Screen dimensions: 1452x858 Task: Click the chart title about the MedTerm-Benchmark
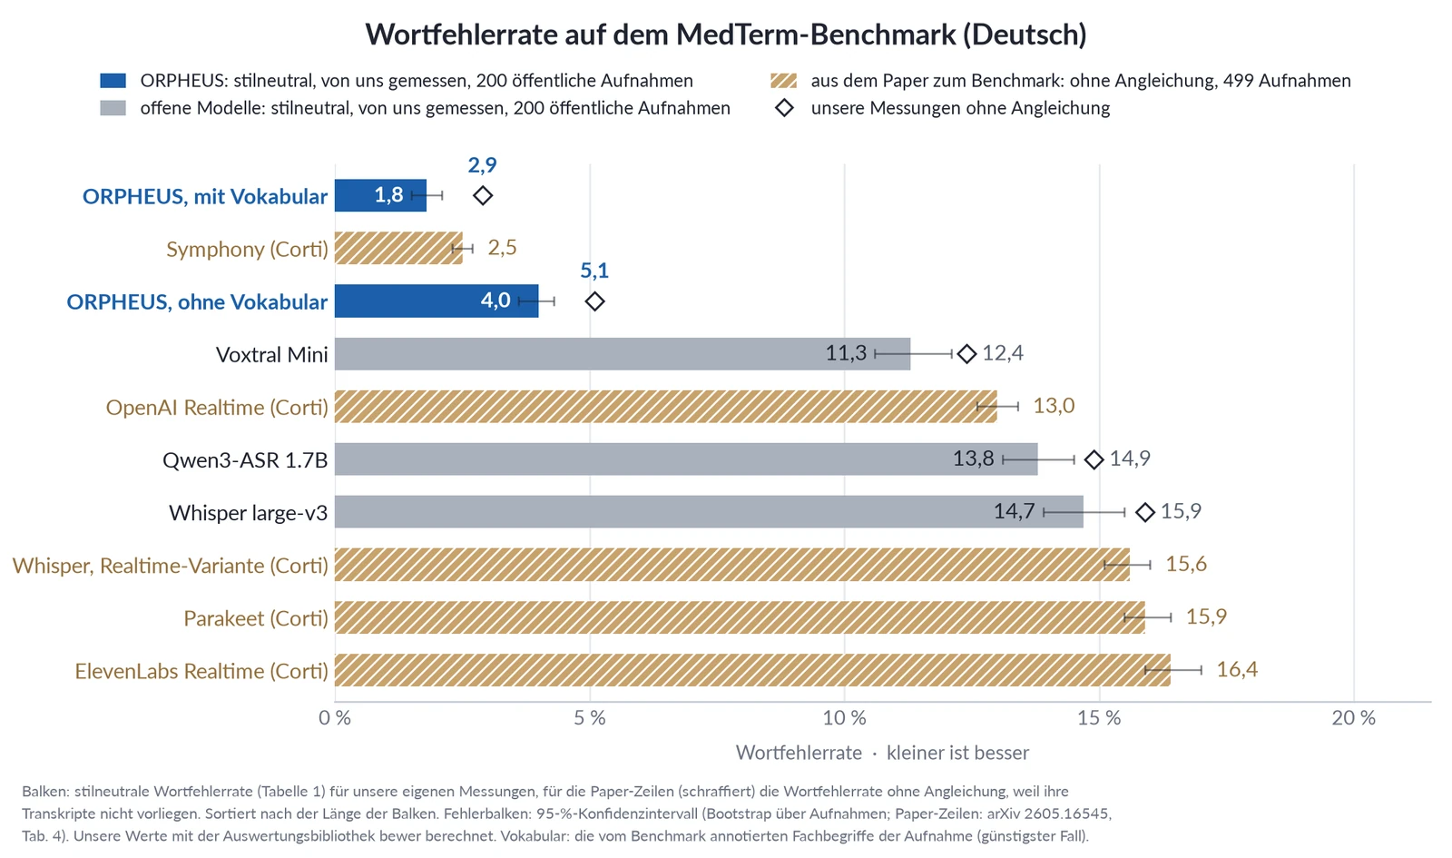725,34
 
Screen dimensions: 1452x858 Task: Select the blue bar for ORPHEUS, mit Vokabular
380,195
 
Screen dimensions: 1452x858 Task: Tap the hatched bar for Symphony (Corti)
398,248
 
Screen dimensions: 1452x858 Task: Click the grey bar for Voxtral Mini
623,353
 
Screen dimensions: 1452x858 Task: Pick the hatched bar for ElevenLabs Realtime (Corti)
752,670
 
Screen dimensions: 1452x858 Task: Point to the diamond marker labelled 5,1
594,301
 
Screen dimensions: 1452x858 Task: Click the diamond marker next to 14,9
1094,459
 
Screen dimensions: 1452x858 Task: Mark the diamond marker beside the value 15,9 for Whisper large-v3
1145,512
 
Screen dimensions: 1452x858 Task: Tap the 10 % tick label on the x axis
844,718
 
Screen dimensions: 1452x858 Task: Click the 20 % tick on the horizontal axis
1353,718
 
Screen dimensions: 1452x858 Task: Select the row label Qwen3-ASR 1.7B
245,459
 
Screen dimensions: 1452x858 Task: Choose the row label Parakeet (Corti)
256,618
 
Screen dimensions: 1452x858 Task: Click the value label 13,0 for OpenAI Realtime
1054,405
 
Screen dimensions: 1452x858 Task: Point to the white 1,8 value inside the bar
389,194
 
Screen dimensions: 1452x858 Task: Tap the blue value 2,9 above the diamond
482,164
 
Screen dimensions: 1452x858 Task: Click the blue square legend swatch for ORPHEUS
113,81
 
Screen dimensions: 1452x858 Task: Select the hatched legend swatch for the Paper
784,81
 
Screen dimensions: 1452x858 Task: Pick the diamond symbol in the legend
784,108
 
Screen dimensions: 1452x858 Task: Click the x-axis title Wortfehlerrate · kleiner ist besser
882,753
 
